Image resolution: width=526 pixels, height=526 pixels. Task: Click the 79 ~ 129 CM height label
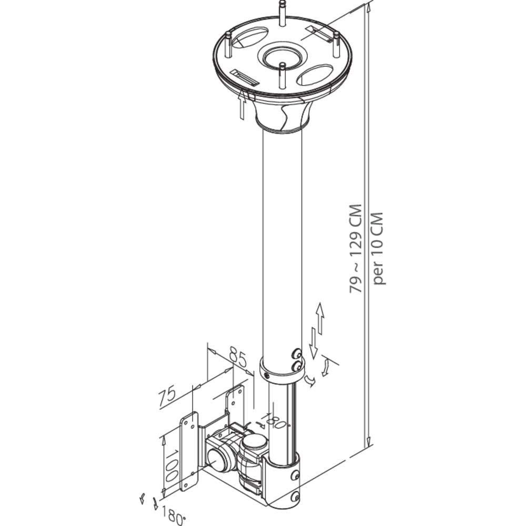[357, 249]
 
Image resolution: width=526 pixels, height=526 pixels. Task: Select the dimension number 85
[238, 359]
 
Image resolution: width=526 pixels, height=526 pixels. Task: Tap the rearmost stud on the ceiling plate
[282, 15]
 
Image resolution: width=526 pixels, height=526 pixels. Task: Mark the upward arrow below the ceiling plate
[241, 105]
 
